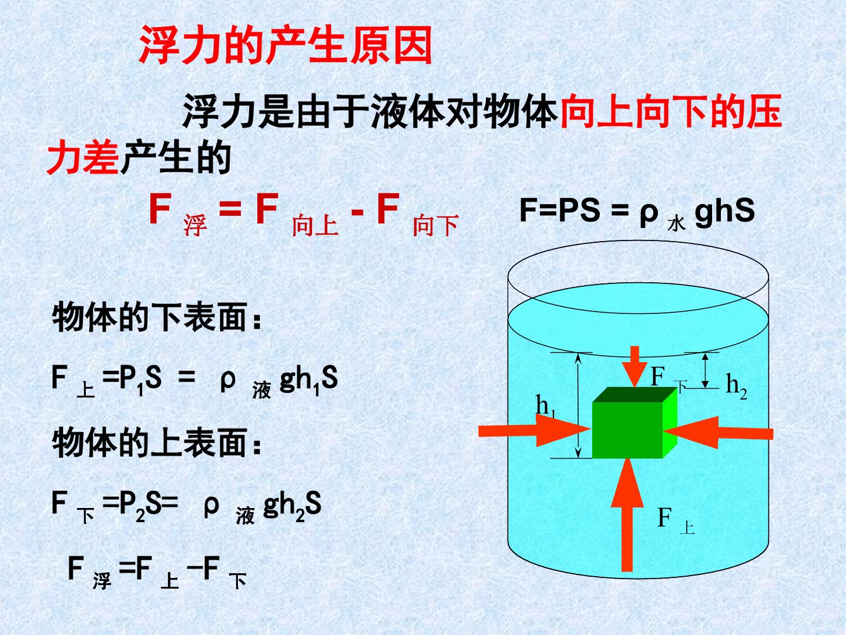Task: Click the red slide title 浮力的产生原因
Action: [285, 45]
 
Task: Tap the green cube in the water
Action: [634, 423]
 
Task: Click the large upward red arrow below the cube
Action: [627, 515]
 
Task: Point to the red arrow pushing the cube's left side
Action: [534, 430]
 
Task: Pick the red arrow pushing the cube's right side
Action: [719, 433]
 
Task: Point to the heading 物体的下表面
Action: [156, 317]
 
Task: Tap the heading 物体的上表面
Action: [156, 443]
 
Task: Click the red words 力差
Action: [82, 157]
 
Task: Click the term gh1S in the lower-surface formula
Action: [308, 380]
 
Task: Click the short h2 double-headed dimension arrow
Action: [705, 370]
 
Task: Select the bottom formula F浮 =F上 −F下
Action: [157, 572]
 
